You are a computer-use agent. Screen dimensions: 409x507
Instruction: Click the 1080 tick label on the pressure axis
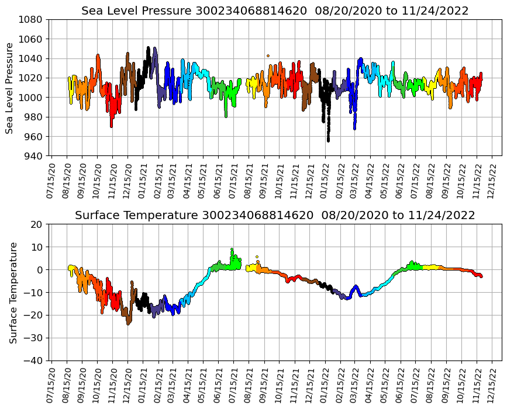[30, 19]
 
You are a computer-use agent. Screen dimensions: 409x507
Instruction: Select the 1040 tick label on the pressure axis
[30, 58]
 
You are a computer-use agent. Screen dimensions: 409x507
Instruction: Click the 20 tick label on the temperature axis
[36, 224]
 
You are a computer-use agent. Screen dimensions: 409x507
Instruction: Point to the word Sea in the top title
[92, 11]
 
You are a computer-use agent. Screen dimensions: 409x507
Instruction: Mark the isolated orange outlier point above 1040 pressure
[268, 56]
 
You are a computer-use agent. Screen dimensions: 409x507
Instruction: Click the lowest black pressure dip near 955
[328, 140]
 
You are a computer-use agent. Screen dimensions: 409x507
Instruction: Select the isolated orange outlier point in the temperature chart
[257, 257]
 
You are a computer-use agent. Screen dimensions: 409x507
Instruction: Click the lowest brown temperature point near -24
[129, 323]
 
